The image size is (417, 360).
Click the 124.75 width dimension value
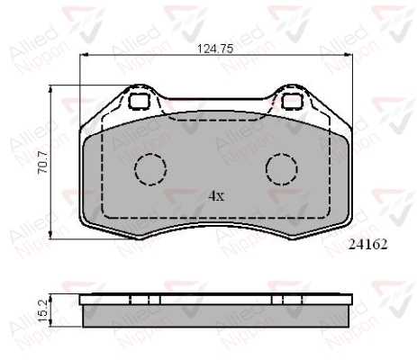[215, 49]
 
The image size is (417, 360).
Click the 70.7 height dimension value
[42, 162]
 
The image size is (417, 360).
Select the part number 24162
[368, 245]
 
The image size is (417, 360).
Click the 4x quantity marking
[216, 196]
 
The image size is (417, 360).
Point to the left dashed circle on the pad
[150, 169]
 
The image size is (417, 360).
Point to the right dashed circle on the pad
[282, 169]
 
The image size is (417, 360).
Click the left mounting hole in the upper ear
[139, 101]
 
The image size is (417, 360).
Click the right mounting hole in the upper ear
[293, 101]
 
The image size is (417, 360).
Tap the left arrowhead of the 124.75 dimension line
[84, 55]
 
